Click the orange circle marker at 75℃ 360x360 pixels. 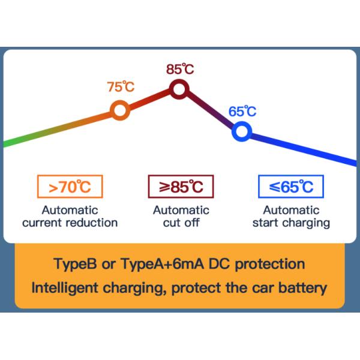119,110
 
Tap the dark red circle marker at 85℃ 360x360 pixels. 179,89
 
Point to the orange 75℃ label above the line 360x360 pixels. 121,87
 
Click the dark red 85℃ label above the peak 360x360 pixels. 179,69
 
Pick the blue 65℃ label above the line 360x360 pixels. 242,111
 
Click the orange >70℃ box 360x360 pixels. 70,187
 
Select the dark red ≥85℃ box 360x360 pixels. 181,187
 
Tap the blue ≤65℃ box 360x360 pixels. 291,187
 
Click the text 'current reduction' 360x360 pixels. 70,223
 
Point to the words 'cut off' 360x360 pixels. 181,223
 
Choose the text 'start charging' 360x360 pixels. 291,223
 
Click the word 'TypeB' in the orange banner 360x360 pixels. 74,264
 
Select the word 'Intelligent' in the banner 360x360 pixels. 65,287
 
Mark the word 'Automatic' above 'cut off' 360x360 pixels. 181,210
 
